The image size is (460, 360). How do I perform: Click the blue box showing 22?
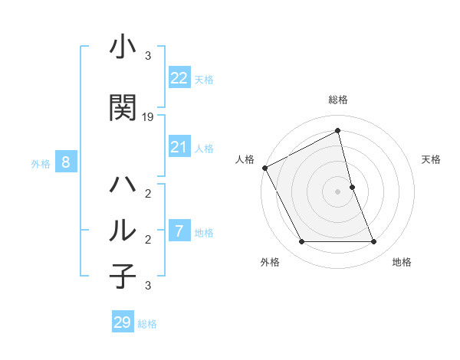[x=179, y=77]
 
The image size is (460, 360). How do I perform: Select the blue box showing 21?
[x=179, y=147]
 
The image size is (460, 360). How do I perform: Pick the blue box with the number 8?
[x=66, y=162]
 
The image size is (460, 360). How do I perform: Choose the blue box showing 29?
[x=123, y=322]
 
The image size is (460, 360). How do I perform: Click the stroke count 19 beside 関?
[x=148, y=117]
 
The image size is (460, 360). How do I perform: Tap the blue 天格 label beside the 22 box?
[x=204, y=79]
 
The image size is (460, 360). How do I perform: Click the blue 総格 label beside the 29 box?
[x=147, y=324]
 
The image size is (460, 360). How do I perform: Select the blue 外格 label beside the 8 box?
[x=41, y=163]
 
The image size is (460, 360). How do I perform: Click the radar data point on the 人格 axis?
[x=264, y=168]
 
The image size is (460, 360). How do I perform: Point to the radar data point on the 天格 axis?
[x=352, y=187]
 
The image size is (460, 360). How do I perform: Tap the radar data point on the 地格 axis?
[x=373, y=242]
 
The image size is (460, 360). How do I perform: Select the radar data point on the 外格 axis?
[x=301, y=242]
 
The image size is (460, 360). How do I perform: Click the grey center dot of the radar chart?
[x=337, y=191]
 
